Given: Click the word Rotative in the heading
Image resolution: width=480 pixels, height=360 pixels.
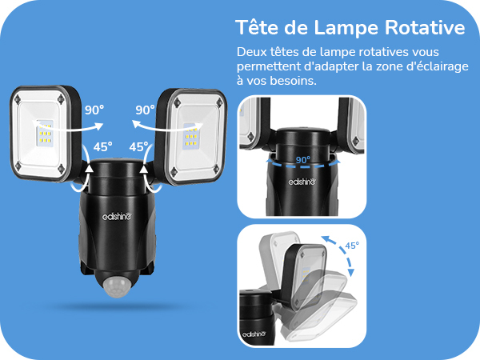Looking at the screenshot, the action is click(425, 27).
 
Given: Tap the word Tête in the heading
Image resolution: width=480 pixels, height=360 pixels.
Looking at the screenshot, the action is click(257, 27).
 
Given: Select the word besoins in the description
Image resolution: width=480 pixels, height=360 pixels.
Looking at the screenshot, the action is click(293, 81).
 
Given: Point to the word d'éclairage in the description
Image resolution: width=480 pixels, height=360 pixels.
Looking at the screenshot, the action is click(437, 67).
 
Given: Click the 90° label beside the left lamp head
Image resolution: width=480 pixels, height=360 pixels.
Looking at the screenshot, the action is click(94, 110).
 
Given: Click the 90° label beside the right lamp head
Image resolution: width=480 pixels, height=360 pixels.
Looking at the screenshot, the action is click(145, 110).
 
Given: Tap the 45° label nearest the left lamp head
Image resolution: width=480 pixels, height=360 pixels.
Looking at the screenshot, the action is click(103, 147).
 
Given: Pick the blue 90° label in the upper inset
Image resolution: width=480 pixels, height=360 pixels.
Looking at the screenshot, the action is click(303, 160).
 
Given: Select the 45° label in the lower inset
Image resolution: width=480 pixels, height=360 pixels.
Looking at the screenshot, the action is click(352, 246).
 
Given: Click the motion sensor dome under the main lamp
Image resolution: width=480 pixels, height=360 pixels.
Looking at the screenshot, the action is click(117, 286).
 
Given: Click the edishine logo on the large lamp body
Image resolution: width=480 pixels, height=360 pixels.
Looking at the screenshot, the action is click(117, 217).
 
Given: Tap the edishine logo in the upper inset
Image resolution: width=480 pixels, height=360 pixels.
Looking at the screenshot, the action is click(302, 182).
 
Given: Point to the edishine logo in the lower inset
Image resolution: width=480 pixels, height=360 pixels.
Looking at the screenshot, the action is click(254, 334).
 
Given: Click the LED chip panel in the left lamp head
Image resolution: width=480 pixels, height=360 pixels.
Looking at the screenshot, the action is click(45, 133).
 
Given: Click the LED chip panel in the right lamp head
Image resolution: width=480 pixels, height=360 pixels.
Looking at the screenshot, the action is click(190, 136).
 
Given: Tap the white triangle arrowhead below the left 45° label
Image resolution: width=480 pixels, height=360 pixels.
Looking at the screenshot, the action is click(89, 169).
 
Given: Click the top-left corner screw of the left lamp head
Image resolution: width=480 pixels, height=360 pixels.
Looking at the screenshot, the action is click(18, 99).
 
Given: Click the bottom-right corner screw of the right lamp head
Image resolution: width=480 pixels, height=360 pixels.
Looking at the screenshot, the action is click(216, 168).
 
